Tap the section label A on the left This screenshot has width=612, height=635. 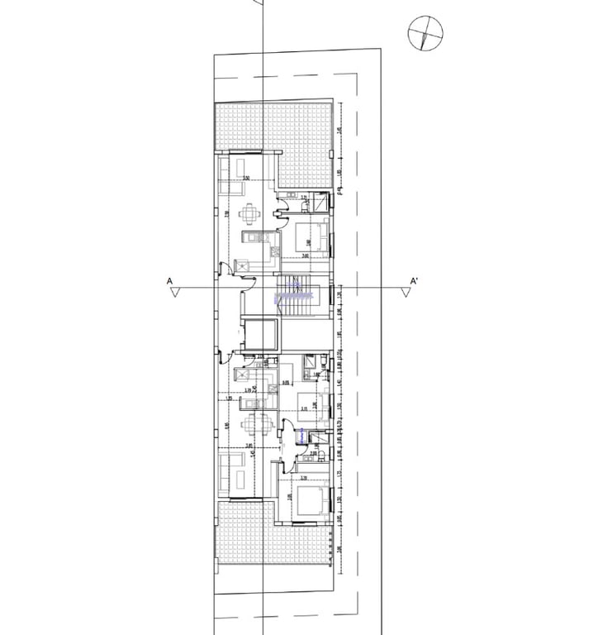tap(169, 281)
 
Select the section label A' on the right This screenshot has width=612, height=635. tap(415, 281)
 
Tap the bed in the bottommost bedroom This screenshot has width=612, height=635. tap(311, 502)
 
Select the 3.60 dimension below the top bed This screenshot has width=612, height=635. tap(305, 256)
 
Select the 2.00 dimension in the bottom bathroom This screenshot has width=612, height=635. tap(314, 453)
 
